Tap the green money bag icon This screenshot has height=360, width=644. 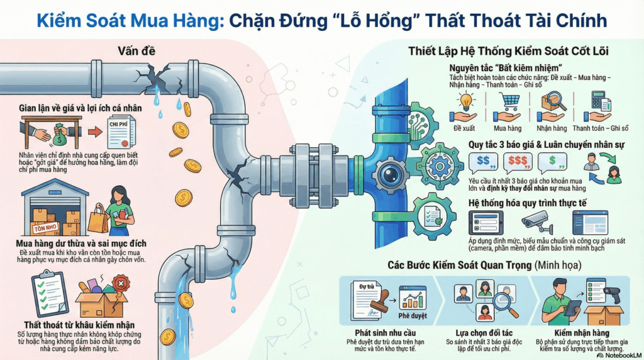[61, 133]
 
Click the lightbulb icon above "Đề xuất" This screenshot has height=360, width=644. [465, 100]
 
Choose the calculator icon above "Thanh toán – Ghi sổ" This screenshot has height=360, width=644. [600, 101]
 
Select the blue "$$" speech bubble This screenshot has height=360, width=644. [485, 162]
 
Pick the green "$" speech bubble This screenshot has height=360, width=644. [555, 162]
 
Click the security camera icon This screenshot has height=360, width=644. [536, 222]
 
